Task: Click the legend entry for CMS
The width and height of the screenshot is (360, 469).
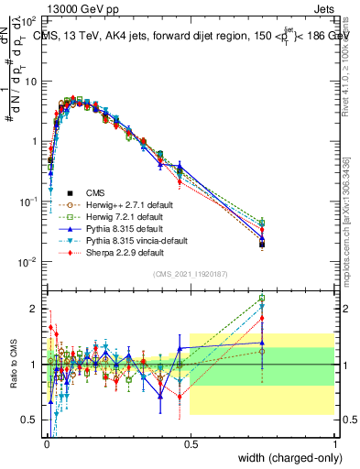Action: click(95, 192)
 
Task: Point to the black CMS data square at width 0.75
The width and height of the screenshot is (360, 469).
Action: click(262, 245)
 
